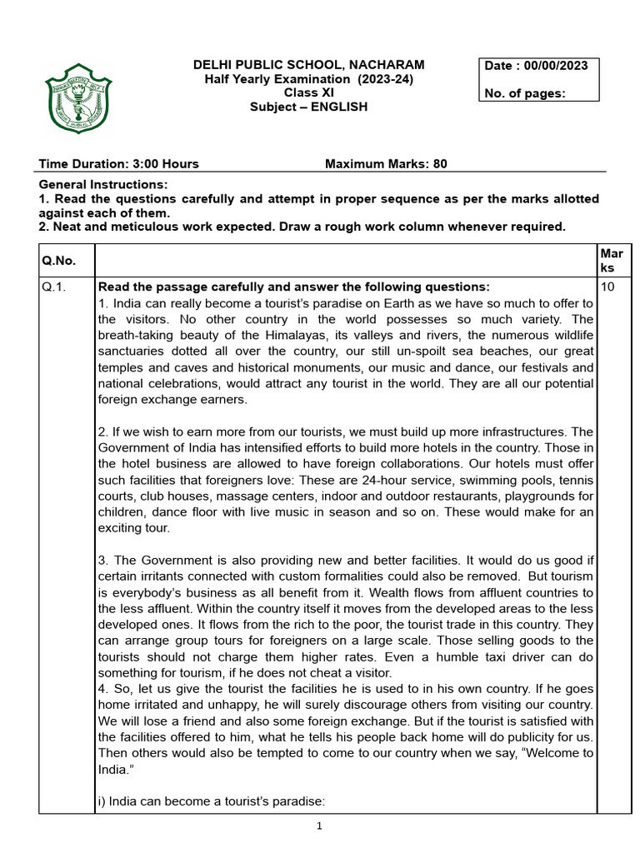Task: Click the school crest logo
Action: pyautogui.click(x=77, y=98)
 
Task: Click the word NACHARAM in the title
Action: pyautogui.click(x=386, y=65)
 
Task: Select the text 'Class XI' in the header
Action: pyautogui.click(x=308, y=92)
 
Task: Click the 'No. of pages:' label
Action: pyautogui.click(x=525, y=93)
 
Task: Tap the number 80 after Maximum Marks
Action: pyautogui.click(x=440, y=164)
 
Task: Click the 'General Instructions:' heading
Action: pyautogui.click(x=103, y=184)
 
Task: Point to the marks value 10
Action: pyautogui.click(x=607, y=287)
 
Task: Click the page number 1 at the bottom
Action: pyautogui.click(x=319, y=826)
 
